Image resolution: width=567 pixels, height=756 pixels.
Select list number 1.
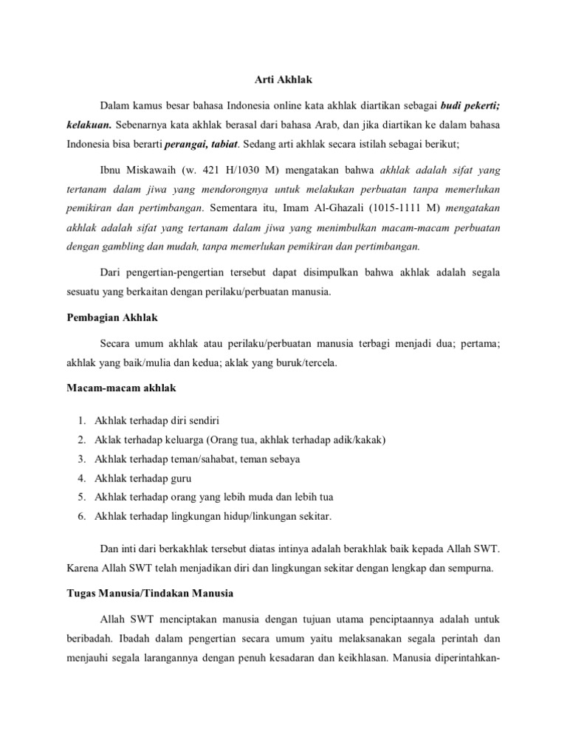80,420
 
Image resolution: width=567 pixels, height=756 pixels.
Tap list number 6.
80,516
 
